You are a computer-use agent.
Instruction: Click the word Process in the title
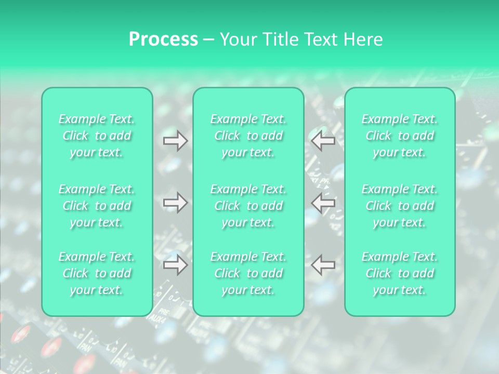tap(163, 39)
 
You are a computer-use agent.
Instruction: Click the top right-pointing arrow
tap(175, 141)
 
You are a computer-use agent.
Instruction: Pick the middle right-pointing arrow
tap(175, 203)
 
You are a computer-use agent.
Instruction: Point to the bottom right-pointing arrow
tap(175, 265)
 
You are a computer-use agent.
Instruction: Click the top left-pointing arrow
tap(323, 141)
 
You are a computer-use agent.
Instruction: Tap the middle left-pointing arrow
tap(323, 203)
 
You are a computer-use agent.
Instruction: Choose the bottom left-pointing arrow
tap(323, 265)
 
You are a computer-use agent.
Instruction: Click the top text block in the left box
tap(97, 136)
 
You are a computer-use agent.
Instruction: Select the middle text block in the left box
tap(97, 206)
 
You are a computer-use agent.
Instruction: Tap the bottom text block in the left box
tap(97, 273)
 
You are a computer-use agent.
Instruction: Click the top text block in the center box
tap(248, 136)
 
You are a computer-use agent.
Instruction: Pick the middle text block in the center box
tap(248, 206)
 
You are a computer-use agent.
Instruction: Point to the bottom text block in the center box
tap(248, 273)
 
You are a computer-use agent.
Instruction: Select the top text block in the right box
tap(400, 136)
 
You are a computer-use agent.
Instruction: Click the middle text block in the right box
tap(400, 206)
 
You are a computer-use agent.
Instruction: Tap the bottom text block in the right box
tap(400, 273)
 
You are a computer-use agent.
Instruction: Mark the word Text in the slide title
tap(319, 39)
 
